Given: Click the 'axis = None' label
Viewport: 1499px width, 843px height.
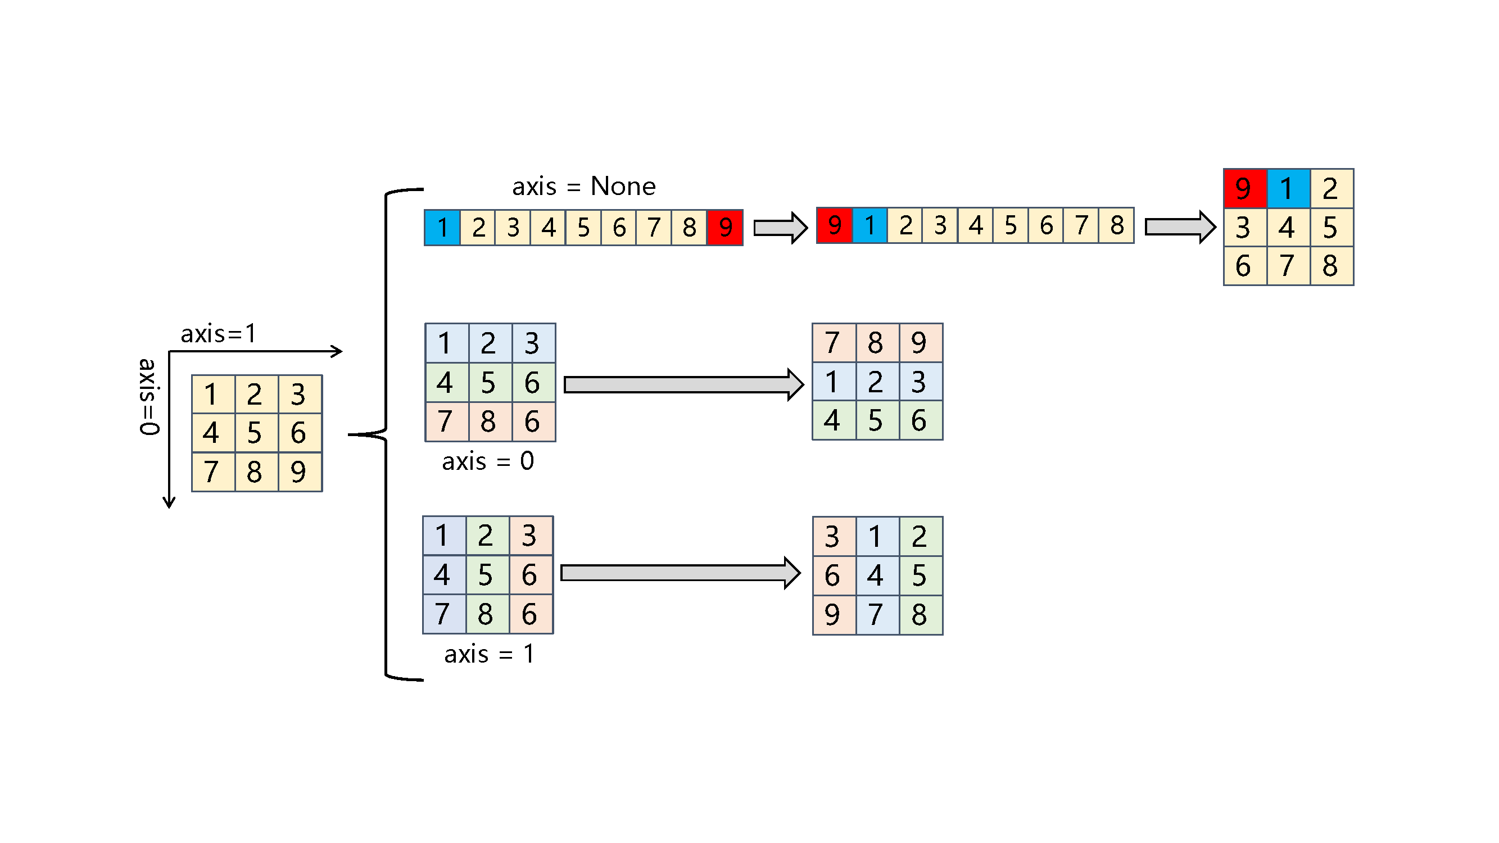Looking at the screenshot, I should coord(583,186).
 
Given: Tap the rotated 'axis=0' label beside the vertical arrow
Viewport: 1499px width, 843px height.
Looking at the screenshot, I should coord(148,397).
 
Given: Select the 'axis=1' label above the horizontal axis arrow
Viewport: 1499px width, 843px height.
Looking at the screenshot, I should coord(218,334).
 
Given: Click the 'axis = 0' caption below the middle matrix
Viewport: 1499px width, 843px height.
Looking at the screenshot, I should coord(488,461).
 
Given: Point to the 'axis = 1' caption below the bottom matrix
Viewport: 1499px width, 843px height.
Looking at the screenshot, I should coord(489,654).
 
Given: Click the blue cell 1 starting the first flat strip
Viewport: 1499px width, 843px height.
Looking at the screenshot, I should coord(442,228).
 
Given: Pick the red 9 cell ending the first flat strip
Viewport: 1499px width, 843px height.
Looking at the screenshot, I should coord(725,228).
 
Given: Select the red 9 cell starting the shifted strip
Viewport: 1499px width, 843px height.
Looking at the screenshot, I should coord(835,225).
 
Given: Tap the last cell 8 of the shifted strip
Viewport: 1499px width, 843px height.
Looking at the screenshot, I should coord(1116,225).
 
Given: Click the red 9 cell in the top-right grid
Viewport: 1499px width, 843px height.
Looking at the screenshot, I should coord(1245,188).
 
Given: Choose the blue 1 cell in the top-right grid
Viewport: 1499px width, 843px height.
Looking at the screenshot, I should coord(1288,188).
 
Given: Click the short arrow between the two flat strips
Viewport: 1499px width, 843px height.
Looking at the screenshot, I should coord(780,228).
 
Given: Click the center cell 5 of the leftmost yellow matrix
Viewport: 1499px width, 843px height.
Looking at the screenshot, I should coord(254,433).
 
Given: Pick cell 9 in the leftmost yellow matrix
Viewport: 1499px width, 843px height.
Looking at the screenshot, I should coord(298,472).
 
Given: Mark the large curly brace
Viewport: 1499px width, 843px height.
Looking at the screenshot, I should coord(385,434).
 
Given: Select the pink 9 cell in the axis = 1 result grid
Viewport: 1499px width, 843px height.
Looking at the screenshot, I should coord(833,614).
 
